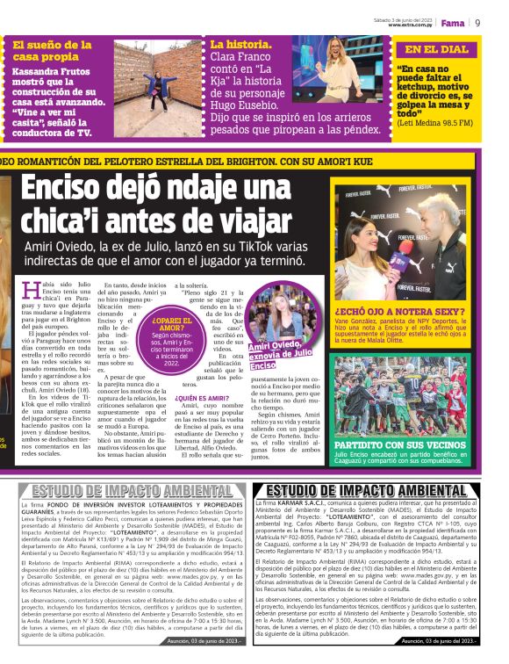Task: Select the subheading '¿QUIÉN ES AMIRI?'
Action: (x=204, y=397)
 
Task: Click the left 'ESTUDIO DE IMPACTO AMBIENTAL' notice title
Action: (x=132, y=490)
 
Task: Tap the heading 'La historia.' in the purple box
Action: (x=234, y=43)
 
